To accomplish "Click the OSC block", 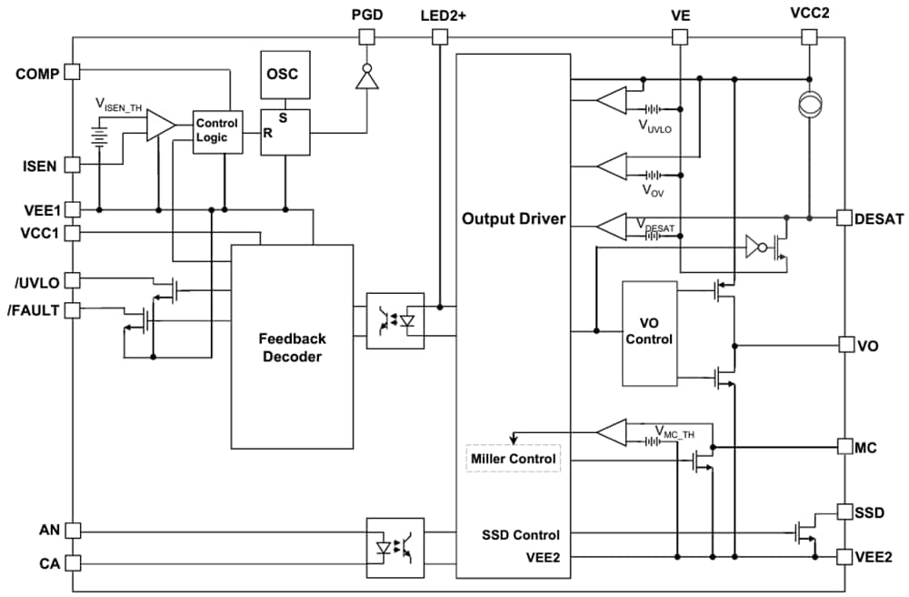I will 285,75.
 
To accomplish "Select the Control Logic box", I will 216,130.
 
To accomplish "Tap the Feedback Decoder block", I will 292,347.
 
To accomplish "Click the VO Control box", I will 649,333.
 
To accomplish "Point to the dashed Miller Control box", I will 513,459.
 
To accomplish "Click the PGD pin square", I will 366,37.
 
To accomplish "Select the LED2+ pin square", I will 439,37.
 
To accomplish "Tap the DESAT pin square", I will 844,218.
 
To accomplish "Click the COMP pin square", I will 73,73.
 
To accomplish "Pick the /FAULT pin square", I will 73,310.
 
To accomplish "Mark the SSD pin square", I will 844,511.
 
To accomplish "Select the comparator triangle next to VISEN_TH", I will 161,126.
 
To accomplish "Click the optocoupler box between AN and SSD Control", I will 395,547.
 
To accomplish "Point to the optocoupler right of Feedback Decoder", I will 395,320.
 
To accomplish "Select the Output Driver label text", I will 513,219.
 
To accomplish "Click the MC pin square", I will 844,447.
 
